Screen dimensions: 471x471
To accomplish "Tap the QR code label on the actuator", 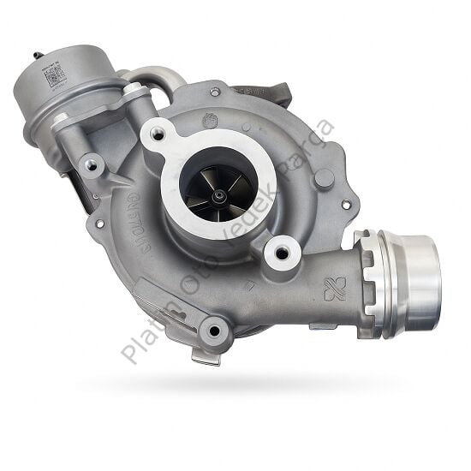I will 55,76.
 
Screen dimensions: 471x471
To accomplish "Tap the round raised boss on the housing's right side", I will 324,178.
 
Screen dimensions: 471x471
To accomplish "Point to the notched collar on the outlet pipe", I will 374,271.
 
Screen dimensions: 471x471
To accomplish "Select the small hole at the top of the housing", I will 214,91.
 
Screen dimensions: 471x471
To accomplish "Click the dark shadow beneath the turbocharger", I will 257,377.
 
